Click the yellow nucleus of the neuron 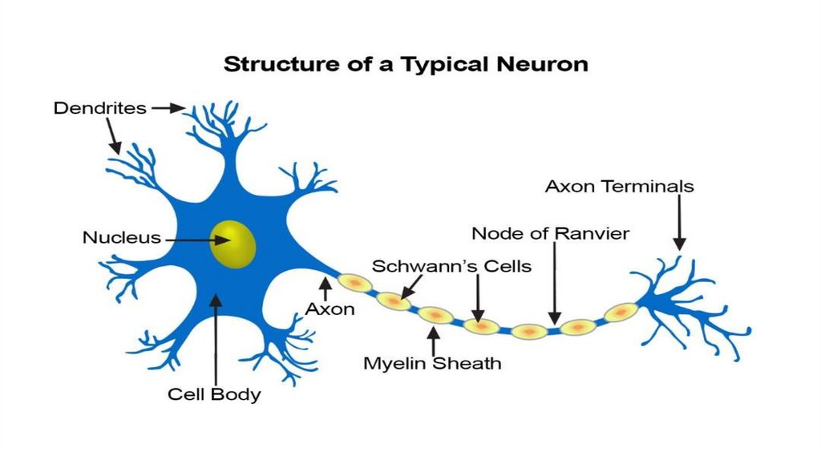(233, 244)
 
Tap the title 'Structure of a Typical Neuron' (406, 64)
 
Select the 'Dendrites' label (100, 107)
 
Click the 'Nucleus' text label (121, 238)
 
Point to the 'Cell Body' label (214, 394)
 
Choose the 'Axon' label (330, 309)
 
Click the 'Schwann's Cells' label (451, 266)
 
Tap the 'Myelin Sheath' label (432, 363)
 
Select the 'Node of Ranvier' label (550, 234)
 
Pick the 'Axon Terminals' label (619, 187)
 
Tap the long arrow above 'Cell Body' (215, 337)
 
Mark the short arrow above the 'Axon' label (326, 288)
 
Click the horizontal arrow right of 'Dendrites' (168, 107)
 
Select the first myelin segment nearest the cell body (354, 282)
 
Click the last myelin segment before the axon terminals (621, 313)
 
